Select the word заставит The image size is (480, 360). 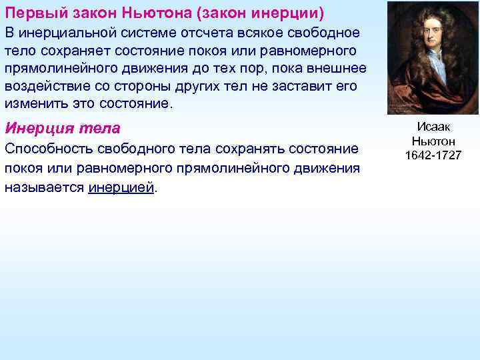pos(289,87)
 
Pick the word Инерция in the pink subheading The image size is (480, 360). pos(34,129)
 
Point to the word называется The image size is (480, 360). pos(43,187)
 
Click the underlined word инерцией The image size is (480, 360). pos(121,187)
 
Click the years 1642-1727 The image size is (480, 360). pos(433,156)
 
